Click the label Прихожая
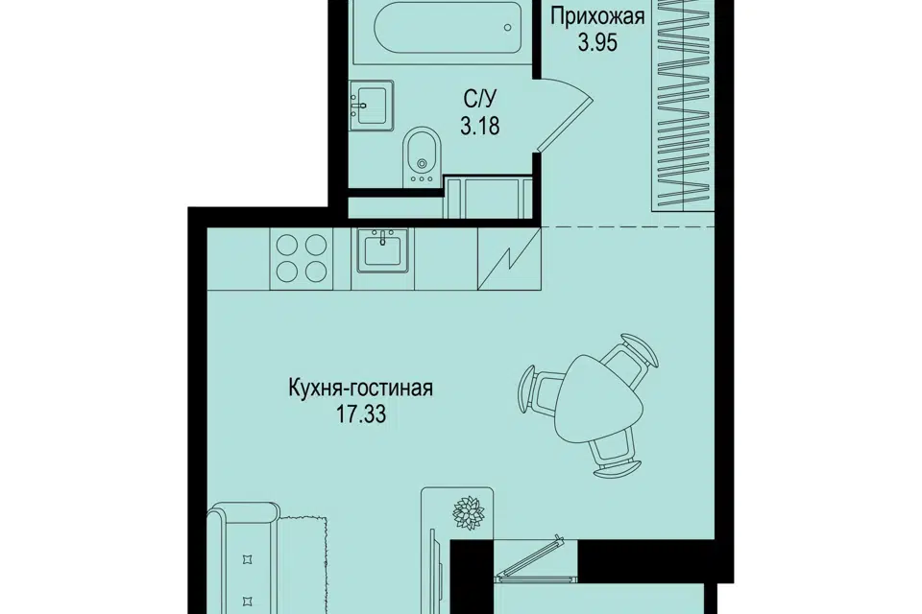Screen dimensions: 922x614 point(597,17)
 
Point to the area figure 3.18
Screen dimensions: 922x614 point(480,126)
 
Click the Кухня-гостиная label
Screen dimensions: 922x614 point(361,389)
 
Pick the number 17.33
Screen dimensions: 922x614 point(361,415)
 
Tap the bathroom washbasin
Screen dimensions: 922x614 point(371,106)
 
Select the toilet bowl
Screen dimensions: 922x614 point(422,153)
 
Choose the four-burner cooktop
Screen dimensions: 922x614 point(301,258)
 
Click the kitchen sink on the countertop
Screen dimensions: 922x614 point(382,250)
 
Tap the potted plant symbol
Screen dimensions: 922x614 point(468,513)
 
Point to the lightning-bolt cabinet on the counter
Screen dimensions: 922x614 point(509,258)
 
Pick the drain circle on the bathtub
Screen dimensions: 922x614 point(507,27)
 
